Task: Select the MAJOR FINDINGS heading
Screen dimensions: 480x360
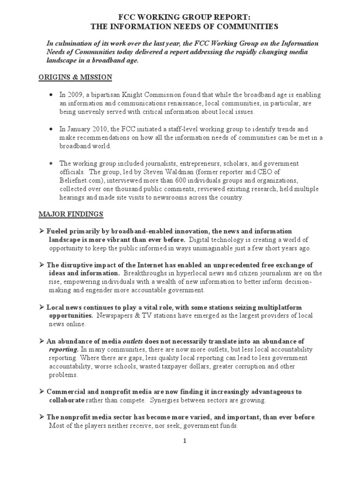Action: click(x=71, y=214)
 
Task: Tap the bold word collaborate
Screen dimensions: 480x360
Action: click(x=67, y=401)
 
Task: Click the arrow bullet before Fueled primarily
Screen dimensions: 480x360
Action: click(x=42, y=232)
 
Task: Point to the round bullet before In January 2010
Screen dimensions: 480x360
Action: click(x=50, y=128)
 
